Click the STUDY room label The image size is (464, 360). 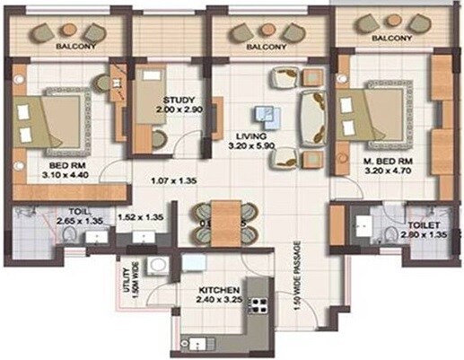pyautogui.click(x=175, y=98)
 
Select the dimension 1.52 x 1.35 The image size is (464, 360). pyautogui.click(x=142, y=216)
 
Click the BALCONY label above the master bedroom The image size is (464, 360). pyautogui.click(x=391, y=39)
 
